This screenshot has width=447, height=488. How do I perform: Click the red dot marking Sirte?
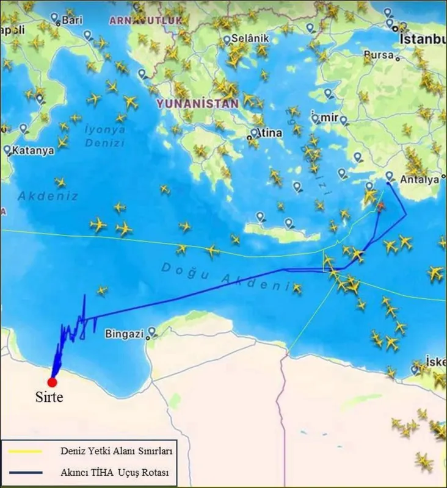click(52, 382)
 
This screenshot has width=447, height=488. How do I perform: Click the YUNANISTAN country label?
click(197, 104)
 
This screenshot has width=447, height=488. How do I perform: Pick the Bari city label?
click(71, 20)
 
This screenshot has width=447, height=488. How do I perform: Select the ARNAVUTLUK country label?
click(145, 20)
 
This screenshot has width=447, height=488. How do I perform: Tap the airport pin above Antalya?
click(389, 176)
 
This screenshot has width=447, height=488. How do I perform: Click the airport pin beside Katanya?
click(7, 149)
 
